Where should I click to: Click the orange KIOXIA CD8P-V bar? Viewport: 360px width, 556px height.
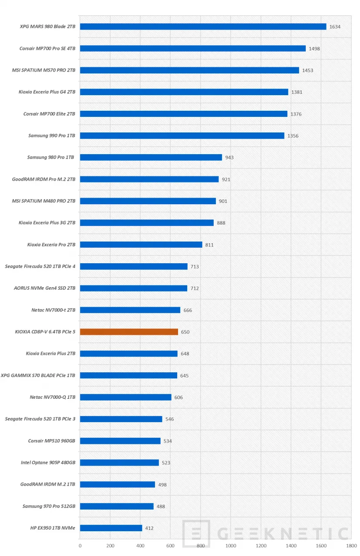pyautogui.click(x=129, y=332)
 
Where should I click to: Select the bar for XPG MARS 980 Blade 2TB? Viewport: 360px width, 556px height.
pyautogui.click(x=203, y=26)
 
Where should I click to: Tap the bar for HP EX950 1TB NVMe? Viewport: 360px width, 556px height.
pyautogui.click(x=111, y=528)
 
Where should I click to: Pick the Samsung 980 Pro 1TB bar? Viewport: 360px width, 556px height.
pyautogui.click(x=151, y=157)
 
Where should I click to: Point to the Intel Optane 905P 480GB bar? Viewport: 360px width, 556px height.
pyautogui.click(x=119, y=463)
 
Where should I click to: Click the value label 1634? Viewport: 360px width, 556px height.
pyautogui.click(x=335, y=27)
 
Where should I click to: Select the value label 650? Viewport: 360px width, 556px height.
pyautogui.click(x=185, y=332)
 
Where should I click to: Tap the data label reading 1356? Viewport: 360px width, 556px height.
pyautogui.click(x=293, y=136)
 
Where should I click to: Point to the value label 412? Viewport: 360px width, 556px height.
pyautogui.click(x=149, y=529)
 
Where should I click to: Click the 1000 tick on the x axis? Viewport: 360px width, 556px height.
pyautogui.click(x=230, y=546)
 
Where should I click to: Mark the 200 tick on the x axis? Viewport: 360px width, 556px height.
pyautogui.click(x=110, y=546)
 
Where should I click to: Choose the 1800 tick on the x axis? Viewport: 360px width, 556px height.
pyautogui.click(x=351, y=546)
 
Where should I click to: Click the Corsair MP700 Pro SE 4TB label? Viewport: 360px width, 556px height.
pyautogui.click(x=47, y=49)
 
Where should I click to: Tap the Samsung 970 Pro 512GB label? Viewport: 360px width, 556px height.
pyautogui.click(x=49, y=506)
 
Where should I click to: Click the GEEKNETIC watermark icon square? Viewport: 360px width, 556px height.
pyautogui.click(x=196, y=533)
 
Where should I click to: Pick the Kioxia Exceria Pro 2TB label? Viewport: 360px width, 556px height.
pyautogui.click(x=51, y=245)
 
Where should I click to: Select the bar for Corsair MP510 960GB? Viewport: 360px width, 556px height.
pyautogui.click(x=120, y=441)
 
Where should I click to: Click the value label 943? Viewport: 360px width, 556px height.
pyautogui.click(x=229, y=158)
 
